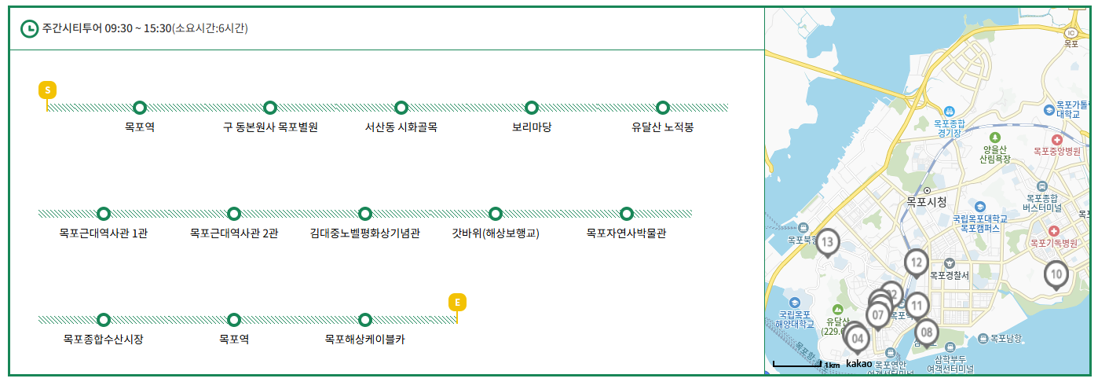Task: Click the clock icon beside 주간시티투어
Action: tap(29, 28)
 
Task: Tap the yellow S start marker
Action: tap(47, 90)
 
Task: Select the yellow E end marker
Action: tap(457, 302)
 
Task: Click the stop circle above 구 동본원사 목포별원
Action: tap(270, 108)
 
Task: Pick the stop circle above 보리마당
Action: tap(532, 108)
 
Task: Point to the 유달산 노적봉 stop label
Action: tap(662, 127)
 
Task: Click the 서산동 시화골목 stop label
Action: tap(401, 127)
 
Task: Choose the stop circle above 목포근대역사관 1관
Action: tap(103, 214)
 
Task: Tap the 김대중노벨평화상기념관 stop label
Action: tap(364, 233)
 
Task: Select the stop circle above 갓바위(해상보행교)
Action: tap(496, 214)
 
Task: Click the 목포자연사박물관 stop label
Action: tap(626, 233)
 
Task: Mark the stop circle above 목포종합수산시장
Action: tap(103, 320)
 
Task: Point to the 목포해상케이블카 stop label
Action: tap(364, 340)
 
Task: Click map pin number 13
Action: tap(827, 242)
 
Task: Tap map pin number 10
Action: tap(1056, 274)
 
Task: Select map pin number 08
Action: tap(927, 332)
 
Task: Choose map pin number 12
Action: tap(916, 262)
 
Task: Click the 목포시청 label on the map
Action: tap(927, 201)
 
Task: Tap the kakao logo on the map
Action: tap(858, 363)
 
